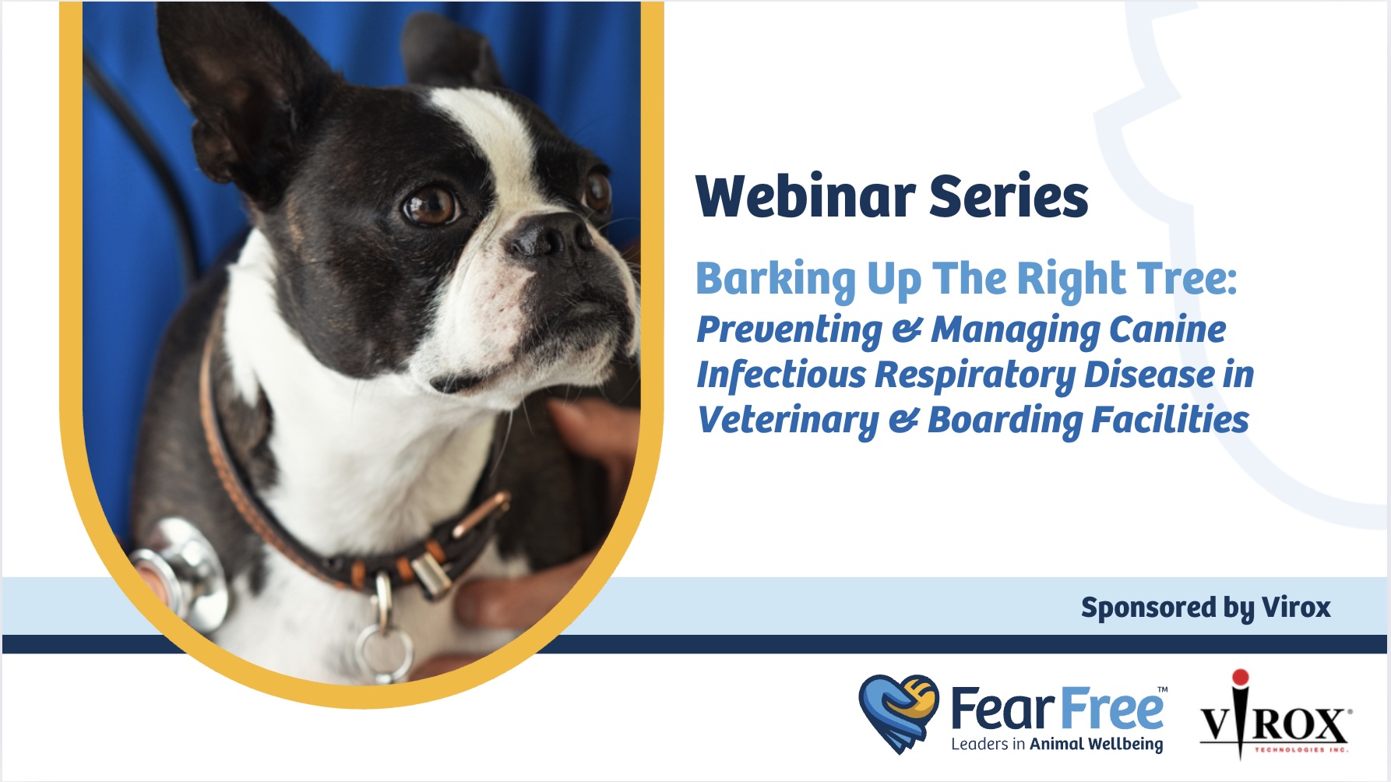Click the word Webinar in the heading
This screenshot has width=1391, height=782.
[x=805, y=196]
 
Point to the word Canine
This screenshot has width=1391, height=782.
[x=1167, y=329]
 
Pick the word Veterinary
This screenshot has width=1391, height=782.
[x=787, y=421]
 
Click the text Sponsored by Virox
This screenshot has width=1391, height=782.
[x=1206, y=608]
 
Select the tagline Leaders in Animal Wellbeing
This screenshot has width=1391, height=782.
[x=1057, y=744]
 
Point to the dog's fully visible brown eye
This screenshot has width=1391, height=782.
[x=429, y=205]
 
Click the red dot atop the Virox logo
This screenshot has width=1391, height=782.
[x=1241, y=678]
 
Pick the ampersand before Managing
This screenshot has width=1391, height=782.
[x=907, y=330]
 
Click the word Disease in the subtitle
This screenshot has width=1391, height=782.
[x=1149, y=375]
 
